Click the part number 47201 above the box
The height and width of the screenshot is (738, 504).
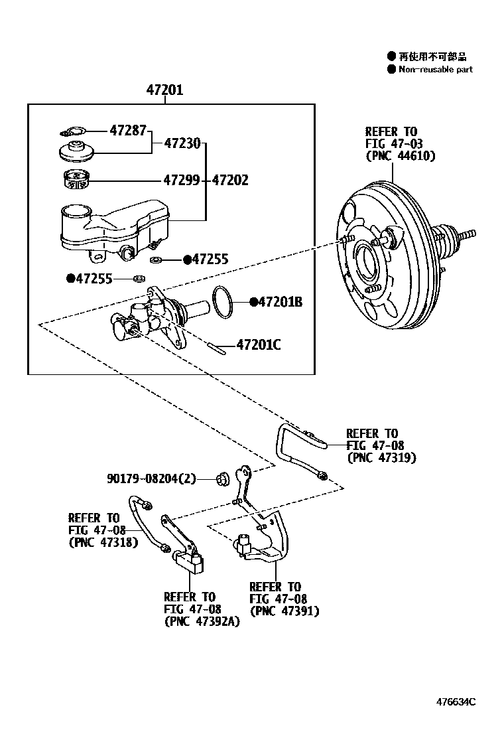tap(164, 91)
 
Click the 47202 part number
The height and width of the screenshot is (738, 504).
tap(231, 180)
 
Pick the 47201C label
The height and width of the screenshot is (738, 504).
tap(259, 344)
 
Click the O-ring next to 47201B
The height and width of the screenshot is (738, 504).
tap(224, 302)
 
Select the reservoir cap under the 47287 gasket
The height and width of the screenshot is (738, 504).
tap(77, 152)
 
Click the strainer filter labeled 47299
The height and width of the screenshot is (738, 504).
tap(77, 179)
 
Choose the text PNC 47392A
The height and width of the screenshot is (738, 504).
tap(202, 621)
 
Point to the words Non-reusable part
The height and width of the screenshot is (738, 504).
tap(436, 69)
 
